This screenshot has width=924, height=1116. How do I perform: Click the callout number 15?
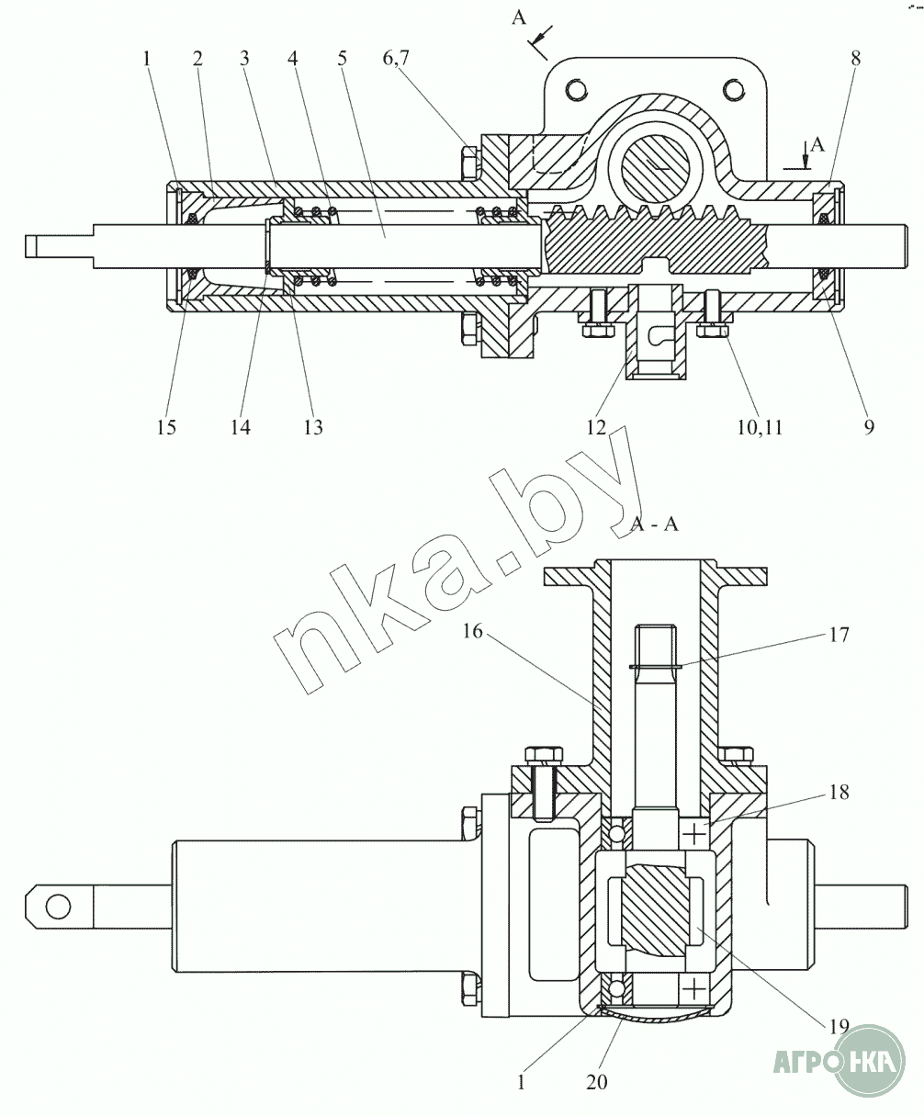point(166,427)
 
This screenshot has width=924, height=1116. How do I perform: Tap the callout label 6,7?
point(396,58)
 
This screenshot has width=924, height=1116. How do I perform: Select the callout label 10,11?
point(760,428)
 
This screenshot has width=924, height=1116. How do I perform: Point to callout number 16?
point(472,632)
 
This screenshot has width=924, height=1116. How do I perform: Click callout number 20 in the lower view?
point(597,1082)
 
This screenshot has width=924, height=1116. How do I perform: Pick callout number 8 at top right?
point(856,58)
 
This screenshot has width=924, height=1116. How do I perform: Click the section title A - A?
point(654,524)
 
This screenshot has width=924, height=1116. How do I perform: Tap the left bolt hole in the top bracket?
point(577,88)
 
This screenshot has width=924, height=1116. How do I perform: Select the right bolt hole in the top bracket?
point(735,88)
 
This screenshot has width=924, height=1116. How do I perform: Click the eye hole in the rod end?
point(58,906)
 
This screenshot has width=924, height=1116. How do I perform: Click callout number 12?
point(596,427)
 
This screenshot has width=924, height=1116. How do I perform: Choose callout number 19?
point(839,1026)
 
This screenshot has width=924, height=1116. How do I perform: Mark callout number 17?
point(839,635)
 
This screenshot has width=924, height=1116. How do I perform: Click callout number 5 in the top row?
point(342,58)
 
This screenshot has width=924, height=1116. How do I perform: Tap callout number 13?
point(313,427)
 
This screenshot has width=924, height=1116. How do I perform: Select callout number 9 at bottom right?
point(868,427)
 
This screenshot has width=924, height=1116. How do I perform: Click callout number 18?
point(839,792)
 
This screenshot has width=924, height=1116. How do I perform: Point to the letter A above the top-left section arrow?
point(519,18)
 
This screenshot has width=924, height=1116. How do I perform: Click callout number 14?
point(241,427)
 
